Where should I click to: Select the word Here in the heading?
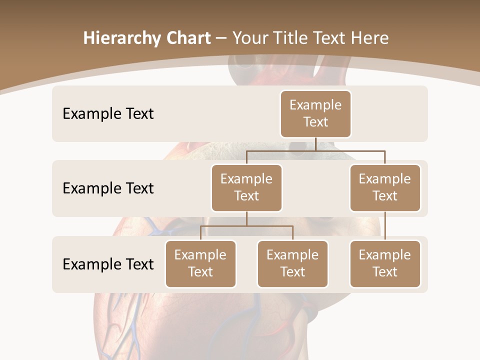point(369,38)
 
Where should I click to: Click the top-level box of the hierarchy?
point(315,113)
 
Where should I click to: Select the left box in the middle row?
point(246,187)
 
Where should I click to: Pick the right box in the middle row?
point(385,187)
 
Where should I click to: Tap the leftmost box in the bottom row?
point(200,263)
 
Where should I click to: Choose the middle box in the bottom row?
point(292,263)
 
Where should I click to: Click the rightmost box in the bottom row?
point(385,263)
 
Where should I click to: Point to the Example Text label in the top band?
point(108,113)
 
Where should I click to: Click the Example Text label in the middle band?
point(108,188)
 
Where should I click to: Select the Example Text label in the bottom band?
point(108,264)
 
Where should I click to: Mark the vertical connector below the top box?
point(315,144)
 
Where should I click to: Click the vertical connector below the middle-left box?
point(246,218)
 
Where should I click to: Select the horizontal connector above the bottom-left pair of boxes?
point(246,226)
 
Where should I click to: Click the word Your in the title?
point(251,38)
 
